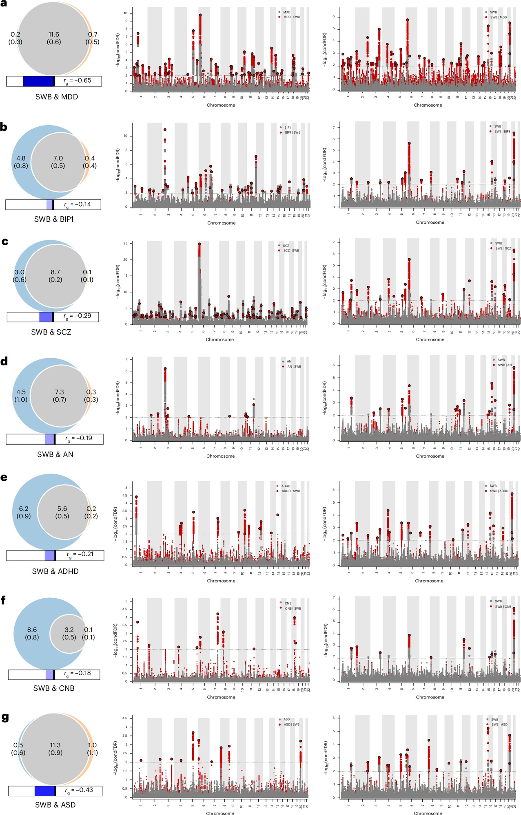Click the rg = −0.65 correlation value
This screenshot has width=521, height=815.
78,81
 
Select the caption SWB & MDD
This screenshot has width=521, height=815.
56,97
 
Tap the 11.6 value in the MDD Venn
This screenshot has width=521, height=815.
54,35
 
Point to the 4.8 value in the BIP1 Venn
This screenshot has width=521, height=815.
21,158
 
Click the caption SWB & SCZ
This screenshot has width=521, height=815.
51,332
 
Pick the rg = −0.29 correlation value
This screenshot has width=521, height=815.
78,316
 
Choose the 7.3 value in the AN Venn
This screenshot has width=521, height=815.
60,392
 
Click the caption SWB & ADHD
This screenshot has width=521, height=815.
55,571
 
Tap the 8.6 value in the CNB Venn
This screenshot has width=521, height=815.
32,630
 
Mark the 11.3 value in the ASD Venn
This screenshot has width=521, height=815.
55,745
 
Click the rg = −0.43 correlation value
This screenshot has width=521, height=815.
79,790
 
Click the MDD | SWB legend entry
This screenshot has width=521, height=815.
292,17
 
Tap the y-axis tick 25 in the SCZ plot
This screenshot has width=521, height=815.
125,243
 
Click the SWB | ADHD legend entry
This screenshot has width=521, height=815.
499,491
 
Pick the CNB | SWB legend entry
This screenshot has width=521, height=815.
293,608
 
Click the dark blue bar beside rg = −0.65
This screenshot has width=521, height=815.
38,81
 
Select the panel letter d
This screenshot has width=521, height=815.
4,361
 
